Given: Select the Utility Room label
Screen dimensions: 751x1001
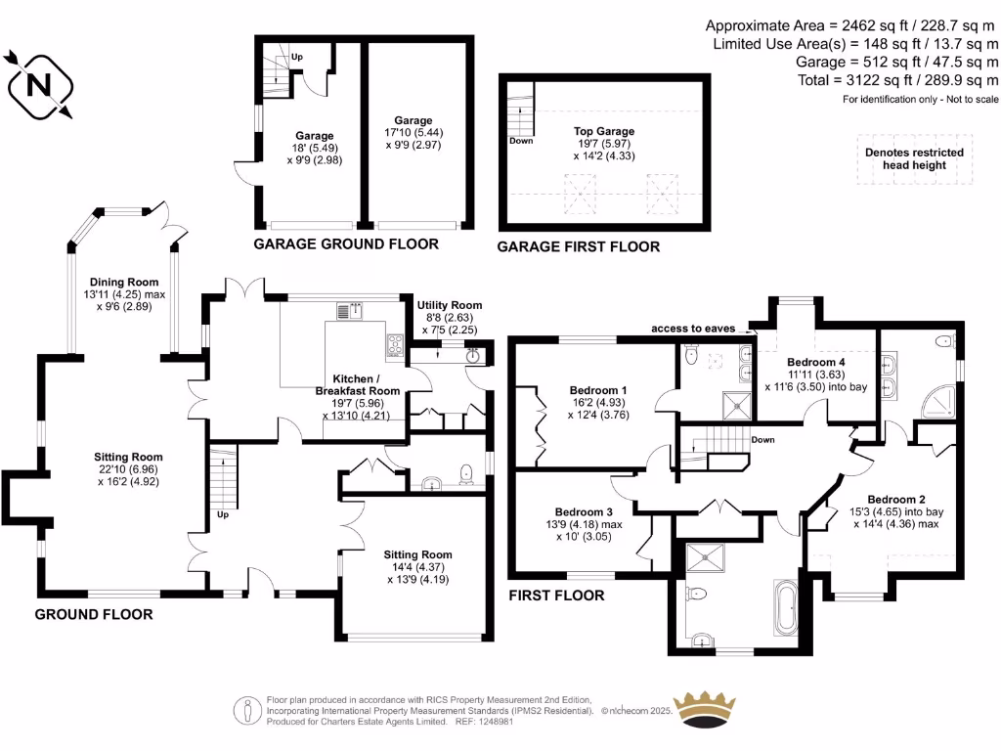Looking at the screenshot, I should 449,305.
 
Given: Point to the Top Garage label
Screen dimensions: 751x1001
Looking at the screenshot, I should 603,131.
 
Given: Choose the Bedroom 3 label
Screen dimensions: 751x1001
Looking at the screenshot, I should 584,511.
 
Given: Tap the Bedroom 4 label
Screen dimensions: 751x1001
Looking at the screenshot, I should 816,362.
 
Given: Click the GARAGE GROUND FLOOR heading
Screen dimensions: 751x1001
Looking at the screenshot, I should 346,243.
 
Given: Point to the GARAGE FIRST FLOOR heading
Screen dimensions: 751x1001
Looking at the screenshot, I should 578,246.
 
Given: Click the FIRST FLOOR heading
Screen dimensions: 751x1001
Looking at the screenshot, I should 556,595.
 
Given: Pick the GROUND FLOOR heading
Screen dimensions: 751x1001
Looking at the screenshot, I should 94,614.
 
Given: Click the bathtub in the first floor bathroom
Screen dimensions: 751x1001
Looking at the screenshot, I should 786,605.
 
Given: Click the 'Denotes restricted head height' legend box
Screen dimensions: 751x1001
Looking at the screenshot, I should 914,158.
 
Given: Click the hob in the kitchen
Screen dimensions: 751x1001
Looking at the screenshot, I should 396,344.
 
